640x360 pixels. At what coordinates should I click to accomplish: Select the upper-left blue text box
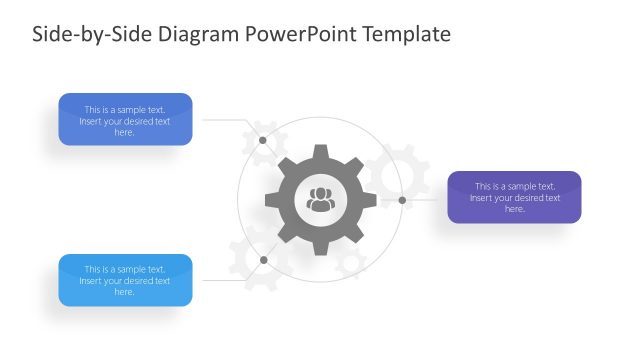125,120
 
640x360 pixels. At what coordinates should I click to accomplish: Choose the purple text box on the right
514,197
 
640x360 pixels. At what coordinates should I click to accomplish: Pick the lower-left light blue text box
125,280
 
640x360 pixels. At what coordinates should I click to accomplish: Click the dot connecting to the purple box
402,200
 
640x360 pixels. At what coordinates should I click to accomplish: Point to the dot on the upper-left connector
263,140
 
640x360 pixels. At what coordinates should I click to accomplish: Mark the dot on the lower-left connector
263,260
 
